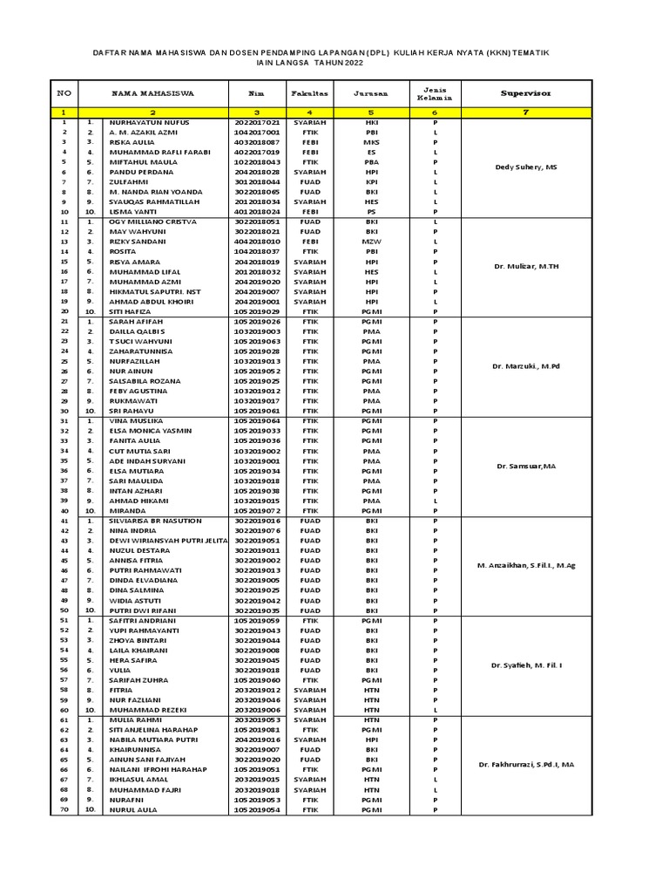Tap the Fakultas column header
pos(310,92)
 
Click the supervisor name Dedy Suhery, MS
pos(526,167)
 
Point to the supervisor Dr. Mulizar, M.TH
pos(526,266)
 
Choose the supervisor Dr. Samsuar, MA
pos(526,467)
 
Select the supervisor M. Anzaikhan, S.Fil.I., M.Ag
pos(526,566)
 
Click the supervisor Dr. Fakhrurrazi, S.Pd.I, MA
pos(526,765)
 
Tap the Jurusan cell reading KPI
pos(371,182)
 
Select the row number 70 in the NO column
pos(64,809)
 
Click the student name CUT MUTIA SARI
pos(139,451)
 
